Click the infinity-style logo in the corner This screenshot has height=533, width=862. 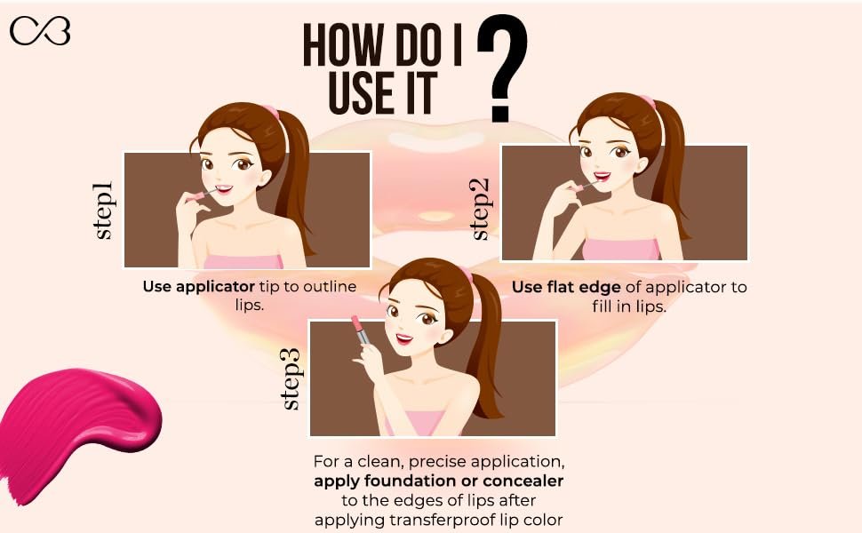point(40,31)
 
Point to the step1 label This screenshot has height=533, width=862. point(103,211)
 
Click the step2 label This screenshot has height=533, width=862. point(480,210)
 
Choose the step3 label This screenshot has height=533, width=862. point(291,379)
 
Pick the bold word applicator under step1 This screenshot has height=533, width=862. point(215,286)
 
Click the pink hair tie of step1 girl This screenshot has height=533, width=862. point(271,112)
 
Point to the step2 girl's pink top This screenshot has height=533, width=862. point(621,249)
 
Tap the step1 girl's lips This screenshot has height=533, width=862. point(224,189)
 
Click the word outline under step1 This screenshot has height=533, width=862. point(330,286)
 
